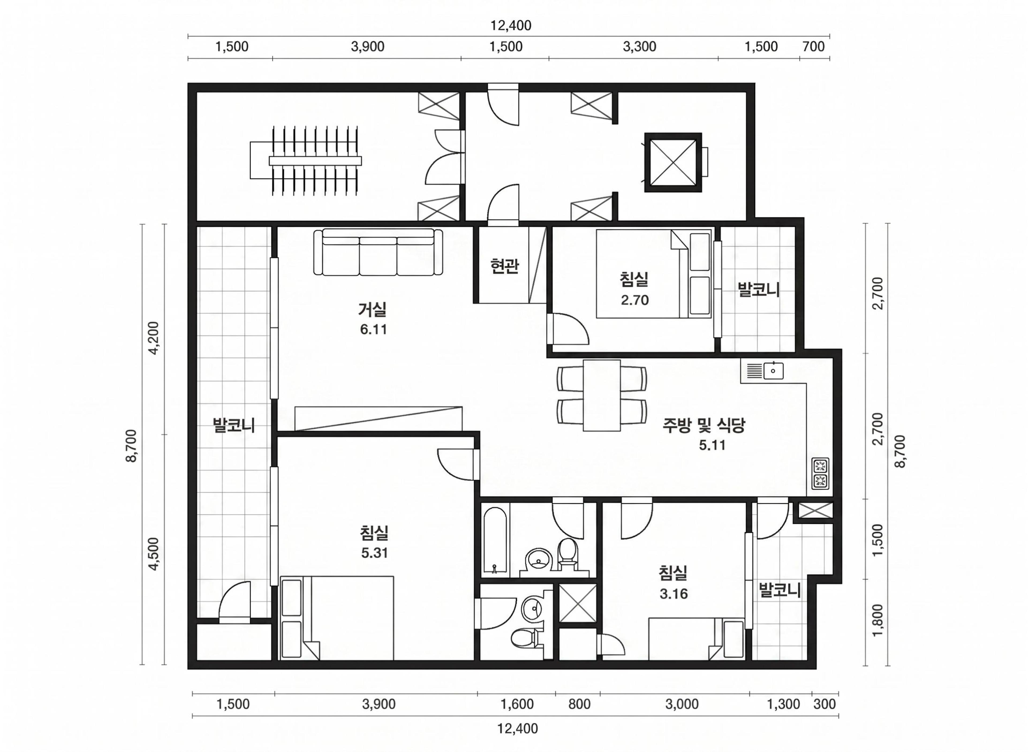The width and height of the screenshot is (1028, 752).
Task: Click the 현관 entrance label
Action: click(504, 266)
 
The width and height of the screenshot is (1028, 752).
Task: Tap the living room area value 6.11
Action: click(373, 329)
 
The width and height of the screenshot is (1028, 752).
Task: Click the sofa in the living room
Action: click(378, 252)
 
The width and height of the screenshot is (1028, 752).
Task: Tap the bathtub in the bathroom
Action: click(495, 539)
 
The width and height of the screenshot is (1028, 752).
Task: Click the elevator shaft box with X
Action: click(673, 162)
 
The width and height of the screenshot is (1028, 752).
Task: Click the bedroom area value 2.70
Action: click(634, 300)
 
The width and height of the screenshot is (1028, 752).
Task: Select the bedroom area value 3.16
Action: click(673, 594)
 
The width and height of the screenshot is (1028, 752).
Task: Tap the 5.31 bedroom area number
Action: click(375, 553)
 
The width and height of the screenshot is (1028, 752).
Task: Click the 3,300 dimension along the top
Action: click(640, 47)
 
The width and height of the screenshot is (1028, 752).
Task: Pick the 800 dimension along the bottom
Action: click(579, 704)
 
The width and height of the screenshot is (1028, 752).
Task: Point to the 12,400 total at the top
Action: click(511, 25)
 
